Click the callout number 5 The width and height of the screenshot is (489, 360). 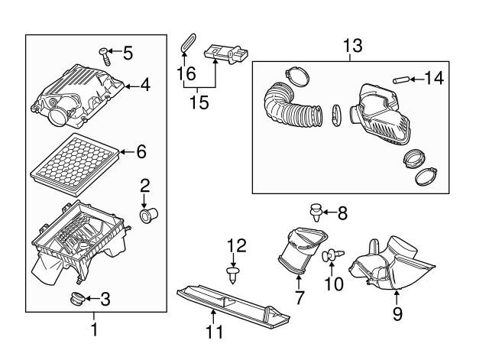128,53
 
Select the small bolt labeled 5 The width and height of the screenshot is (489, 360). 105,54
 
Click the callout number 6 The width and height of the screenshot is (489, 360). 140,152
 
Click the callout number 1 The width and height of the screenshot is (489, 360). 94,332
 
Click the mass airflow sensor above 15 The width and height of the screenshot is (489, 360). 228,55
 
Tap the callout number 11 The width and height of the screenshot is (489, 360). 215,332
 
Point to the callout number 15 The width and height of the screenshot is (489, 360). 199,102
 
